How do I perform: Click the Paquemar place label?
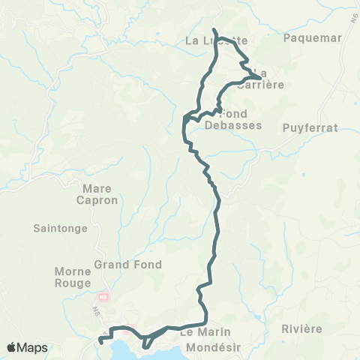tap(313, 37)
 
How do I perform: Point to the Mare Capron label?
tap(97, 194)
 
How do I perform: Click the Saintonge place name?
tap(61, 228)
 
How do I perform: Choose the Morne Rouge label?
tap(73, 277)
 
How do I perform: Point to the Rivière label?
tap(302, 329)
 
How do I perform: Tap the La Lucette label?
tap(215, 41)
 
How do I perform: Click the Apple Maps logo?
tap(26, 347)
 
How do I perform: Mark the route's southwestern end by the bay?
tap(100, 342)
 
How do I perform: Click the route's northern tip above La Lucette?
tap(214, 30)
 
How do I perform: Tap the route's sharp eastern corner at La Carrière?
tap(260, 78)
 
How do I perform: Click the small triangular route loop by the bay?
tap(148, 342)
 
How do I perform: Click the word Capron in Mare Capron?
tap(97, 201)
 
